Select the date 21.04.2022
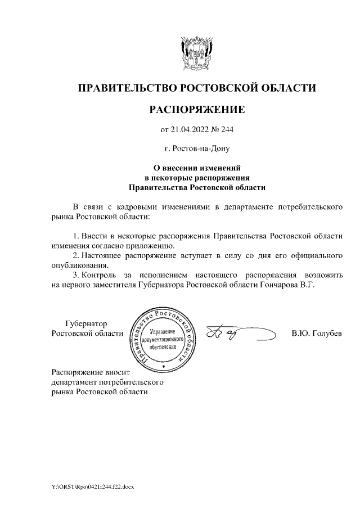[x=191, y=131]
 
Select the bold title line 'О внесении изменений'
[x=197, y=167]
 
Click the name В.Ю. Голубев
[x=317, y=334]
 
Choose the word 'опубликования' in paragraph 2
[x=78, y=265]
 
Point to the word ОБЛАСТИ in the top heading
[x=287, y=88]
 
